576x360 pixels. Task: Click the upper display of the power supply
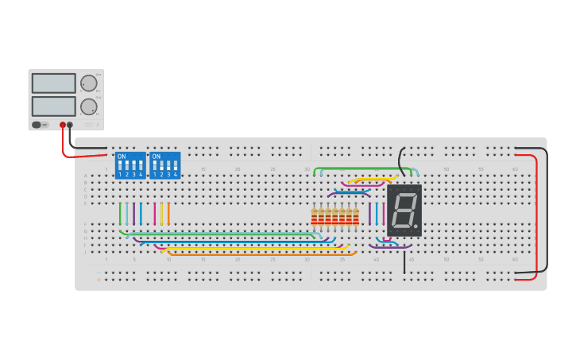(53, 83)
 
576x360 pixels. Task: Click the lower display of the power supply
(53, 106)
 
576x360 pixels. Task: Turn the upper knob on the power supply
(89, 83)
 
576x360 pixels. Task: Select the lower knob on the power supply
(89, 106)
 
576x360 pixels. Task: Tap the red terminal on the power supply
(63, 125)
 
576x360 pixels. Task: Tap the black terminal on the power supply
(70, 125)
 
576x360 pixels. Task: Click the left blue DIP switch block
(130, 165)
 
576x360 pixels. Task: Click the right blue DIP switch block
(164, 165)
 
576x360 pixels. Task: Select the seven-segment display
(404, 211)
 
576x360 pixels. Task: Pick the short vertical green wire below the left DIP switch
(121, 214)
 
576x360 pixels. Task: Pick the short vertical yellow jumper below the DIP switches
(161, 214)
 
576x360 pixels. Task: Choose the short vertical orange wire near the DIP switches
(168, 214)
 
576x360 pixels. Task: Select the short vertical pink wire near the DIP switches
(155, 214)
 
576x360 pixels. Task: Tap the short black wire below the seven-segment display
(404, 262)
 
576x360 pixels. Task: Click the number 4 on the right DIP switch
(175, 174)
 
